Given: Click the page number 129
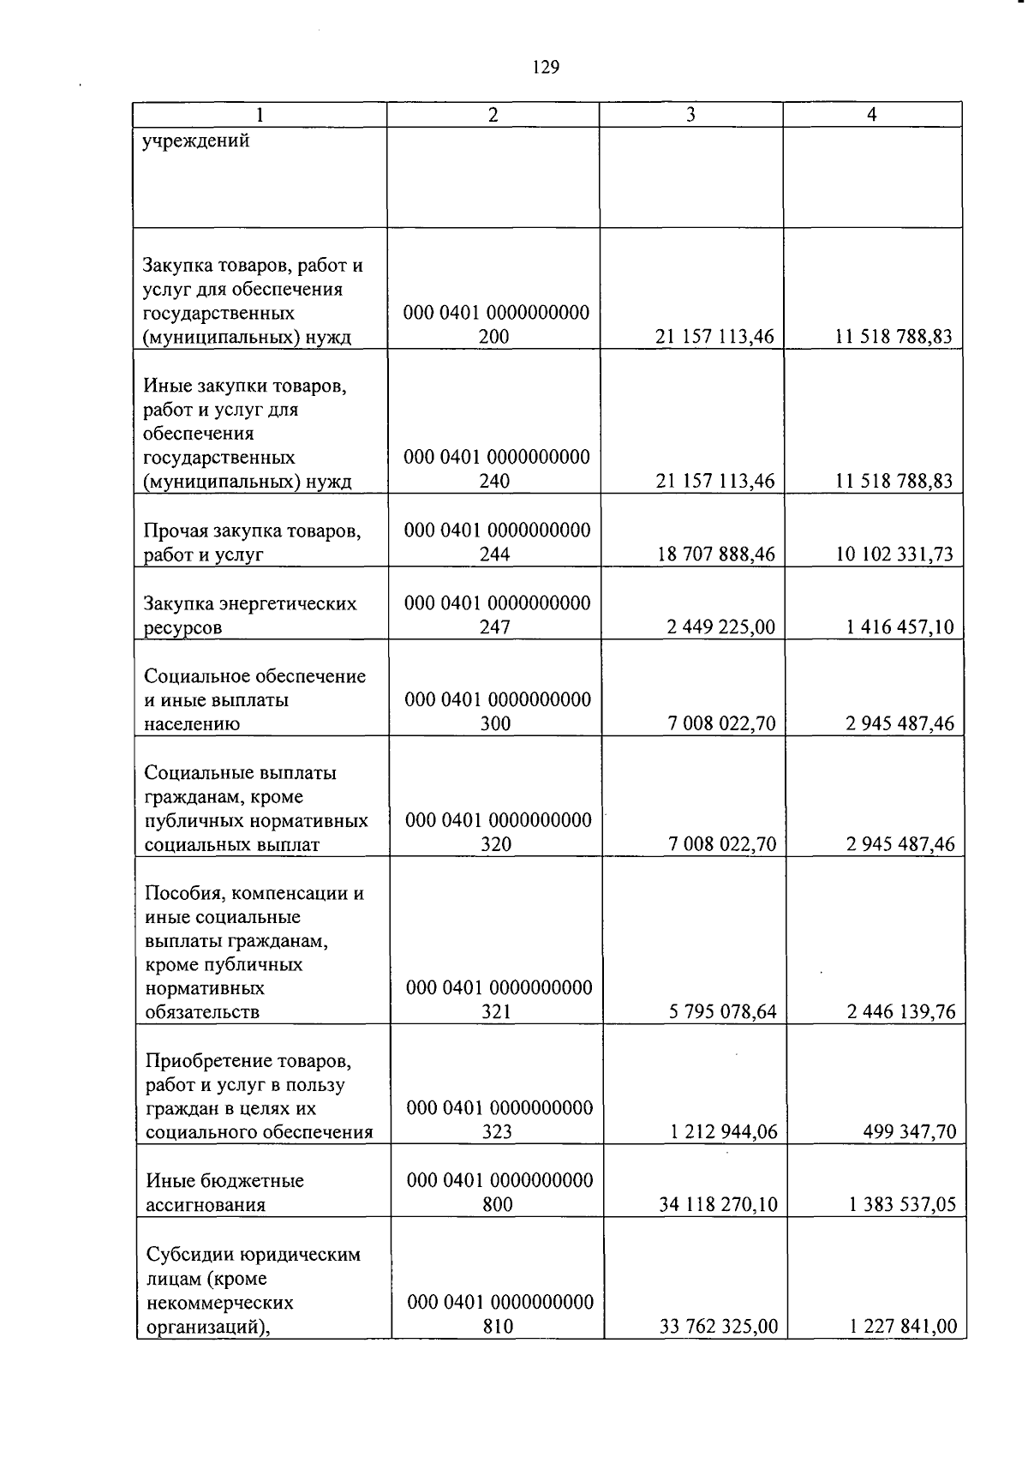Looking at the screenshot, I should click(x=545, y=67).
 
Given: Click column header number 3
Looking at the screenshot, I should click(x=690, y=115).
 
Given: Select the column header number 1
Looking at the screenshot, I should click(x=259, y=115).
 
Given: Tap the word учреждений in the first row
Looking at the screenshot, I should click(x=196, y=141).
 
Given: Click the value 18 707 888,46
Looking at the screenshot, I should click(x=716, y=555).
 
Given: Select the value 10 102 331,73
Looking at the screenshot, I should click(x=894, y=555).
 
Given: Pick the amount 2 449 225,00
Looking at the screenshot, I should click(x=720, y=627).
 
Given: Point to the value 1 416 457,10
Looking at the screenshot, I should click(x=899, y=627).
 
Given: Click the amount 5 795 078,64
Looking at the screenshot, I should click(x=722, y=1012).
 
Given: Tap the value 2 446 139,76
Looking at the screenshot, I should click(x=901, y=1012).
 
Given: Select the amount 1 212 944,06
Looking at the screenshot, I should click(x=723, y=1132).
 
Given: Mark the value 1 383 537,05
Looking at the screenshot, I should click(x=902, y=1205).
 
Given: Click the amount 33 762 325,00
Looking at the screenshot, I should click(x=719, y=1327).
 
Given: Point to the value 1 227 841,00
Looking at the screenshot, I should click(x=903, y=1327).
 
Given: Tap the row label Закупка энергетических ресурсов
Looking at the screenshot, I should click(x=250, y=615).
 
